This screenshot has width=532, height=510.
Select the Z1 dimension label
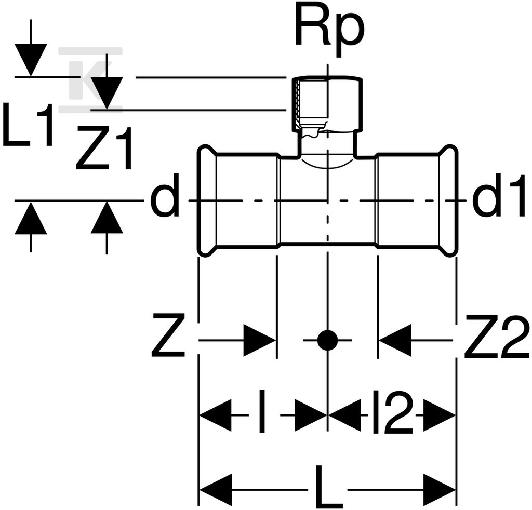[x=103, y=147]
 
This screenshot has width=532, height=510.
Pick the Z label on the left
[x=168, y=335]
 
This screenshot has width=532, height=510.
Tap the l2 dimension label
[x=393, y=411]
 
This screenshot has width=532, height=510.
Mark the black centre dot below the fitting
[x=327, y=340]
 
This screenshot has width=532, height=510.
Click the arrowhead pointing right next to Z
[x=260, y=340]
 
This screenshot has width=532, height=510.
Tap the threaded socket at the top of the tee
[x=327, y=103]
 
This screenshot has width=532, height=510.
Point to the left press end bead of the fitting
[x=207, y=201]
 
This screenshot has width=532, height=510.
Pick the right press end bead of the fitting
[x=448, y=201]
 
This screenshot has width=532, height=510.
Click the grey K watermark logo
[x=91, y=80]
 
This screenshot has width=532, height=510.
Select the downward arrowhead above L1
[x=31, y=60]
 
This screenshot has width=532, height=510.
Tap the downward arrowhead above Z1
[x=107, y=93]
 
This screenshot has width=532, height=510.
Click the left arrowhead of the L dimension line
[x=216, y=490]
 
